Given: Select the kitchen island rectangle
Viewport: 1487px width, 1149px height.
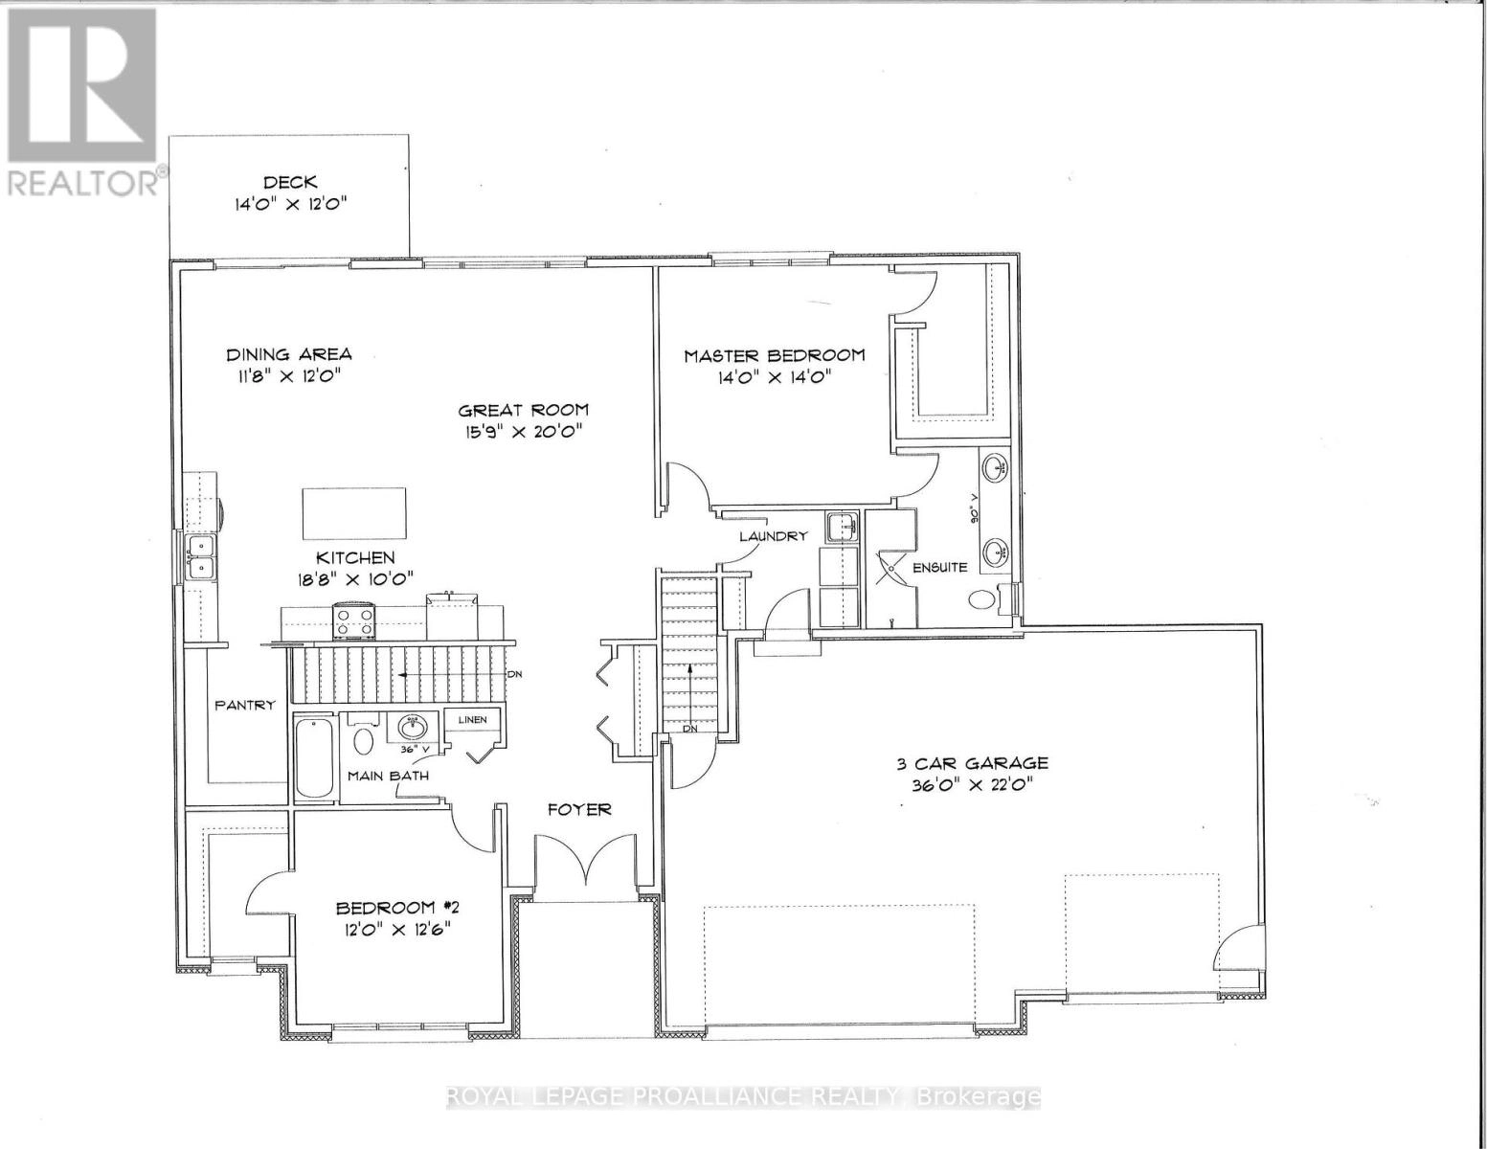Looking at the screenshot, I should click(354, 514).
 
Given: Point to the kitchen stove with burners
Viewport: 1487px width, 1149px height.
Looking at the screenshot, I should click(353, 620).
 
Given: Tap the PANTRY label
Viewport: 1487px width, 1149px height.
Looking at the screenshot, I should click(245, 705).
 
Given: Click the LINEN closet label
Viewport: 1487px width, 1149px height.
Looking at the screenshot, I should click(472, 720).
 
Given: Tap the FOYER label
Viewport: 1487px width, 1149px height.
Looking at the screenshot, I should click(579, 810).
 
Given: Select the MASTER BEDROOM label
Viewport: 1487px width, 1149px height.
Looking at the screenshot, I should click(774, 355).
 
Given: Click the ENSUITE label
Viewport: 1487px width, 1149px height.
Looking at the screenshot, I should click(939, 567).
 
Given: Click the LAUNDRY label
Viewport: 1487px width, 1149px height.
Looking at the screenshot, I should click(773, 536).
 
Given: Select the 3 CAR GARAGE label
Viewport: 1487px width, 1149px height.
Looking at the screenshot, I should click(971, 736).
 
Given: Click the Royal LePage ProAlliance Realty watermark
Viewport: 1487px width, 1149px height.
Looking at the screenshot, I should click(743, 1097).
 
